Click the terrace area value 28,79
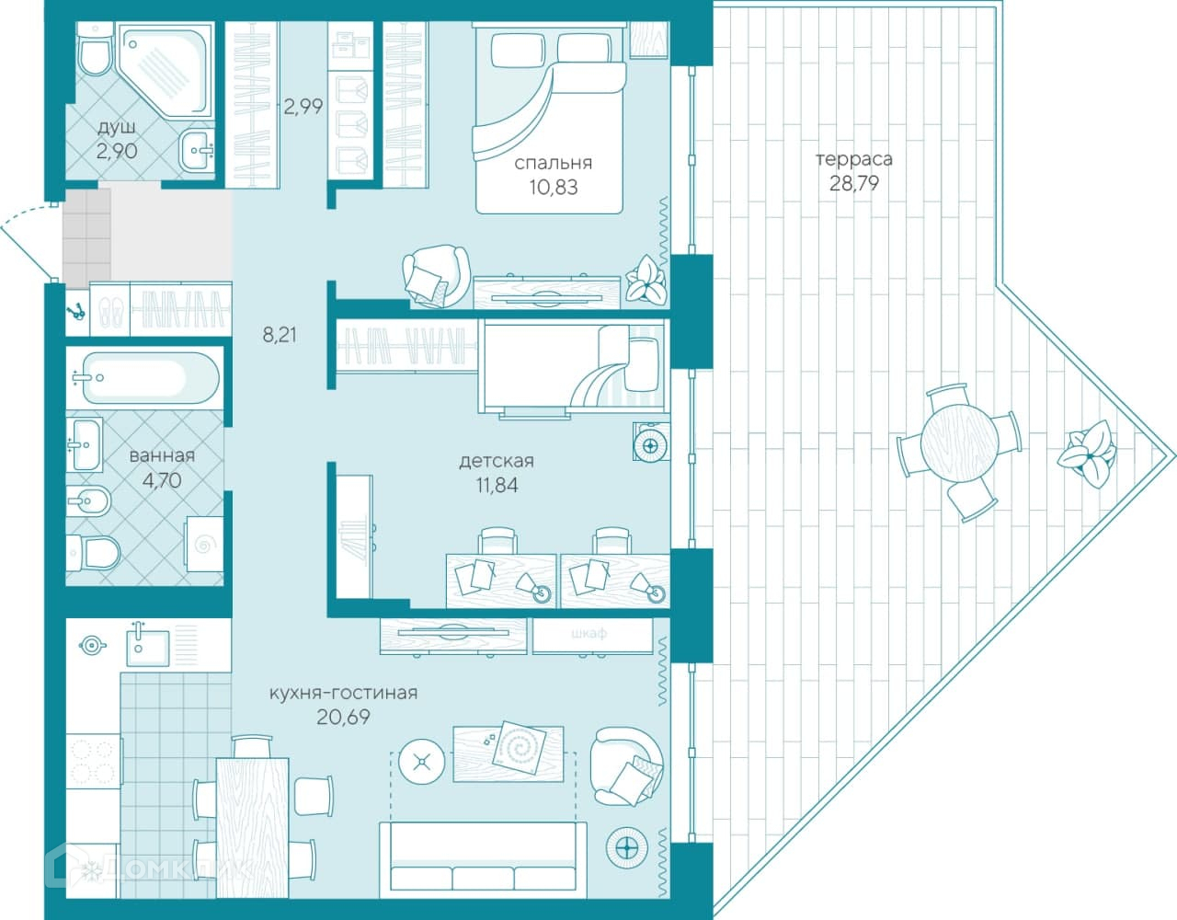[x=854, y=184]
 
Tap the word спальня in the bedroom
[x=553, y=163]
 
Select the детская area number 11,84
[x=497, y=485]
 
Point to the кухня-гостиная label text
[x=343, y=693]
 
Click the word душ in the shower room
[x=117, y=129]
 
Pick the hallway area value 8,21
[x=280, y=335]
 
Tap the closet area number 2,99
[x=303, y=106]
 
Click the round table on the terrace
[x=959, y=443]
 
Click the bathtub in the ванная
[x=145, y=377]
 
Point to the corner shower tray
[x=166, y=70]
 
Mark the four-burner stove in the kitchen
[x=94, y=761]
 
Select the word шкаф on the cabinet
[x=588, y=633]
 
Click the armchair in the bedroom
[x=436, y=276]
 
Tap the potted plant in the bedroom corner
[x=646, y=279]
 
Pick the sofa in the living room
[x=483, y=859]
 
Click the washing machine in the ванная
[x=204, y=544]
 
